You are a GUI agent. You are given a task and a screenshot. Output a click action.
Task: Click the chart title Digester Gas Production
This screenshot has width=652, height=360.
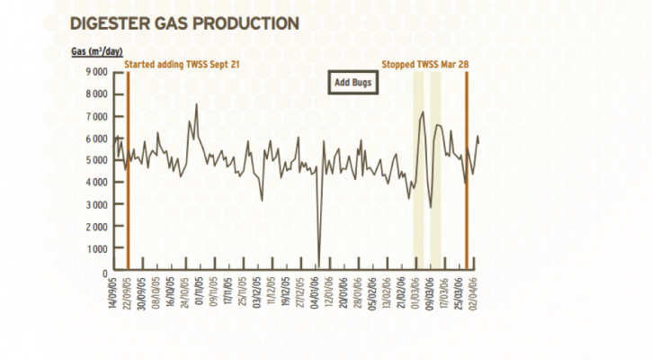184,21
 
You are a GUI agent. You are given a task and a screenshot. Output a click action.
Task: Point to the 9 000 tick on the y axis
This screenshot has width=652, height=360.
95,72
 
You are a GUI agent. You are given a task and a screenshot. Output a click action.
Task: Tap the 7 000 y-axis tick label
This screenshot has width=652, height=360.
95,116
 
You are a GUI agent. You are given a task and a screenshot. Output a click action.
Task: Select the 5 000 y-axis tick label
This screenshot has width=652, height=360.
95,160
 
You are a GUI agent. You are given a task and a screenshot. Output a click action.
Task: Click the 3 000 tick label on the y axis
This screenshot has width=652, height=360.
95,205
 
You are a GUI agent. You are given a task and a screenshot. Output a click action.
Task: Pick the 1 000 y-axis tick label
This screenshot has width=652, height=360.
95,249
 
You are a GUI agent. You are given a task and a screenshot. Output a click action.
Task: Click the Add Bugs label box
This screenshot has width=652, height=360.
353,82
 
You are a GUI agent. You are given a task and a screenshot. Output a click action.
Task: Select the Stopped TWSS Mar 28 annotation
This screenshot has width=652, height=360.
425,65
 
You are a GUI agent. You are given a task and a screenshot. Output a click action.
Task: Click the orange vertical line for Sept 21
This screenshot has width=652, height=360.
128,171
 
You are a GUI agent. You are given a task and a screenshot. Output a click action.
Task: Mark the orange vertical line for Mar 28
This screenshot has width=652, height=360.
467,171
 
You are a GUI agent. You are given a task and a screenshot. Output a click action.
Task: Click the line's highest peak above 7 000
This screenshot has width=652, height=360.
196,105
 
